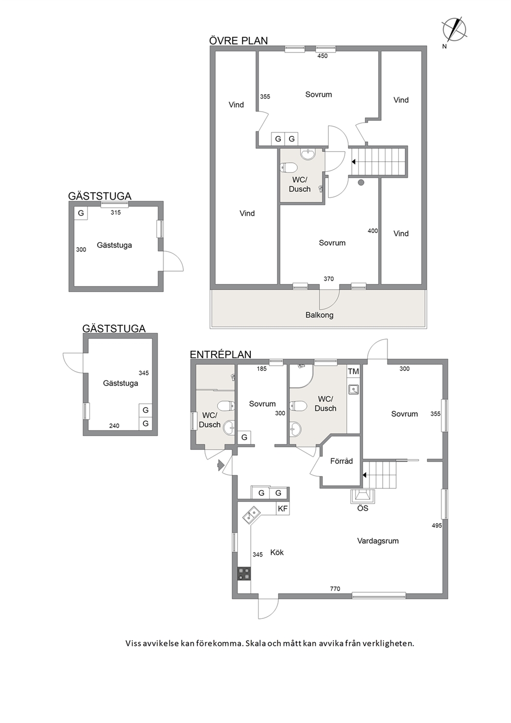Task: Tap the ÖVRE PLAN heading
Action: [x=239, y=41]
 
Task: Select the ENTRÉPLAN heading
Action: [x=220, y=355]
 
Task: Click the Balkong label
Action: [x=319, y=315]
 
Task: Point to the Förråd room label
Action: [x=342, y=461]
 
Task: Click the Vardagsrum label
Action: [x=378, y=540]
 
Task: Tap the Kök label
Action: [x=277, y=552]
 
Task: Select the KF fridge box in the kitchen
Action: [x=283, y=509]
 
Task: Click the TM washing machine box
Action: [x=353, y=372]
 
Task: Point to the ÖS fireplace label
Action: [x=363, y=508]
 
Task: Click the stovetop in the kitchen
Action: [x=244, y=574]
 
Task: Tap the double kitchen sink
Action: [x=251, y=515]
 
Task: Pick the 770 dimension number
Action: [x=335, y=589]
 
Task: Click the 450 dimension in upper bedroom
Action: [x=322, y=56]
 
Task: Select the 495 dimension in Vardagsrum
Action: [x=436, y=526]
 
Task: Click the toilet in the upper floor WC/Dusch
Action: [x=288, y=168]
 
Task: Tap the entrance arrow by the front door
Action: [x=221, y=465]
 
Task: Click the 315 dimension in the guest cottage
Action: [x=115, y=212]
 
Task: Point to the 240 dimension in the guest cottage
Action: [x=114, y=426]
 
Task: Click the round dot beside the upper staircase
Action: [x=361, y=183]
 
